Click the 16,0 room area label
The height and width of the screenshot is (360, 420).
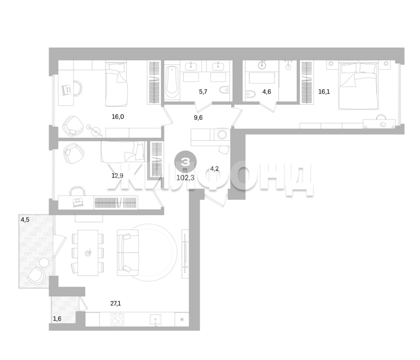(118, 117)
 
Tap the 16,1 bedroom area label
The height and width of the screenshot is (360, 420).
(324, 92)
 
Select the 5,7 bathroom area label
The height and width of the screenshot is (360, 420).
(203, 92)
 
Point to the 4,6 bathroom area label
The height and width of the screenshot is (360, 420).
(267, 92)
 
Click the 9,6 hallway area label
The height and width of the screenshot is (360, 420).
(198, 117)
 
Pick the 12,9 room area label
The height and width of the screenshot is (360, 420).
(117, 175)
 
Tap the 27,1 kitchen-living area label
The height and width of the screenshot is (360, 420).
(116, 304)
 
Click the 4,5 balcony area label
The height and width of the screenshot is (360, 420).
(25, 220)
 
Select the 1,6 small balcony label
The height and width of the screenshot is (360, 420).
(57, 319)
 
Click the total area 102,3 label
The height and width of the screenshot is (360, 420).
(185, 178)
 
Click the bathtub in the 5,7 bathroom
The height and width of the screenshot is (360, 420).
(172, 83)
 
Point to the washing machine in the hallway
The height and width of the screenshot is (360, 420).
(222, 134)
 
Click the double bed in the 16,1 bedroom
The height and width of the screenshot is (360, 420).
(358, 86)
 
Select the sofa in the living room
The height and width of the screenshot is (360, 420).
(127, 253)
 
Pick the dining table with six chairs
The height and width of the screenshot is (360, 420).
(88, 253)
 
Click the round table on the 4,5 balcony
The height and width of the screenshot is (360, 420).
(44, 263)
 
